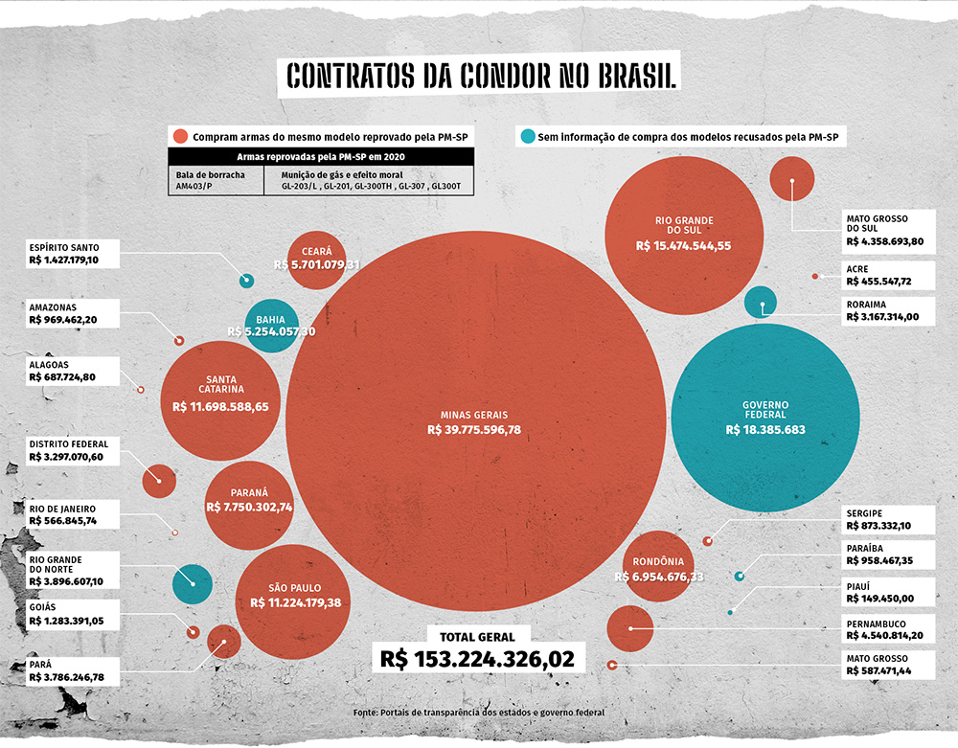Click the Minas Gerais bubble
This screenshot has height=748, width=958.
474,421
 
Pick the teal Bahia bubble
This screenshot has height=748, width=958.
272,326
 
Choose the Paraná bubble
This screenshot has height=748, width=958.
249,500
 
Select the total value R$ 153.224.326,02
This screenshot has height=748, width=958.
477,659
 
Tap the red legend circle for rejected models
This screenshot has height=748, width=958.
178,136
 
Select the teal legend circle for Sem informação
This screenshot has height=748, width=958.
527,136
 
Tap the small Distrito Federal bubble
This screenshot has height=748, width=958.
159,480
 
